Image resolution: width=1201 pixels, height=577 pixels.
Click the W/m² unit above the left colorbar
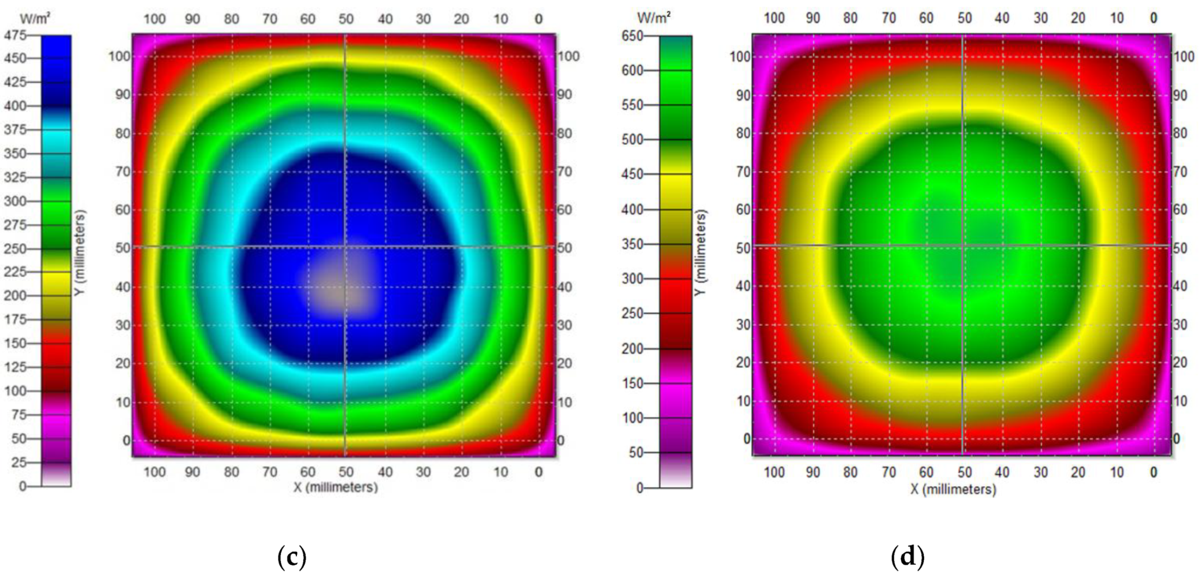34,18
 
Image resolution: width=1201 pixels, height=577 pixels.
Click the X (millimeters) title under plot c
336,487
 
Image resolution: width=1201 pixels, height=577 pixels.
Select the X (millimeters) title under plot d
954,489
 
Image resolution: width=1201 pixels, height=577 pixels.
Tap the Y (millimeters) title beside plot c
80,252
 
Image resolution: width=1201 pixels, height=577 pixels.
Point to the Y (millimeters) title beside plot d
700,252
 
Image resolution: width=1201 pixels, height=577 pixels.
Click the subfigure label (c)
292,556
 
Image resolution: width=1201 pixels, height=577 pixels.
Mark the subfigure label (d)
908,556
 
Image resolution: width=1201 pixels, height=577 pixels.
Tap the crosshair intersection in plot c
345,246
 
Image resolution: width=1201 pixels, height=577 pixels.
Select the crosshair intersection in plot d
963,245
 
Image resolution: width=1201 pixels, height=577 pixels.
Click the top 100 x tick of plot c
154,19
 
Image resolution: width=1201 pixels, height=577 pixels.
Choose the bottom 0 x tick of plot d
1153,472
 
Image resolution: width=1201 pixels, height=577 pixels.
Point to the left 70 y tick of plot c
123,172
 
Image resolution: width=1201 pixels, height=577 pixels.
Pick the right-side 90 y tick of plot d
1179,95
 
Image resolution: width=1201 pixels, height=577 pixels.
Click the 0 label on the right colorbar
639,488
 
